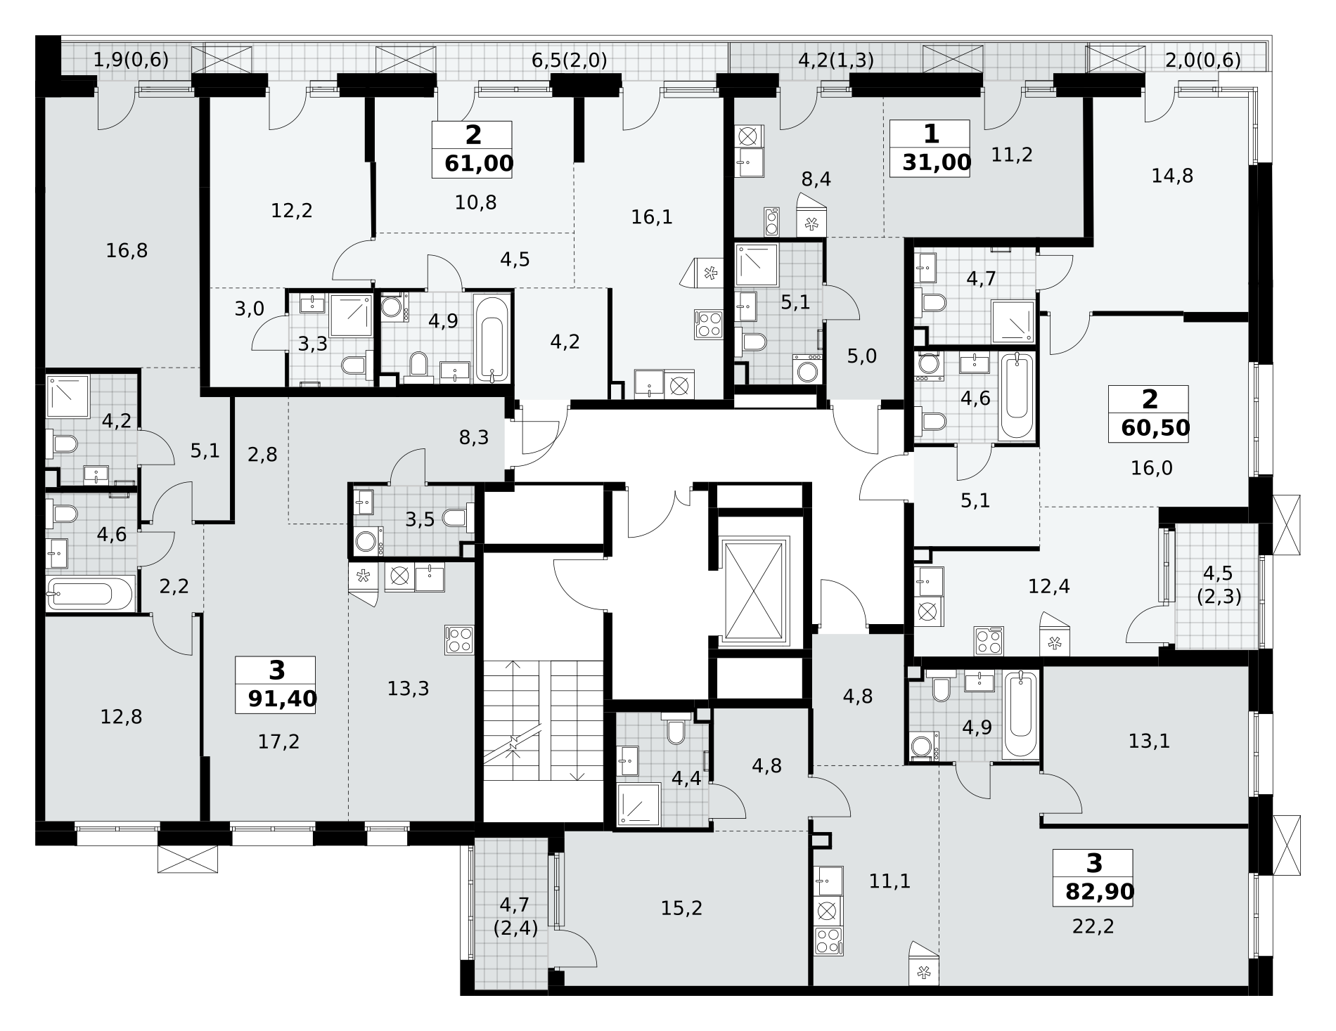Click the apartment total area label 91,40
click(x=282, y=699)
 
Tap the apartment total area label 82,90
click(x=1100, y=892)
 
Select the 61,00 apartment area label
click(x=479, y=164)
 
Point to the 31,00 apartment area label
click(x=937, y=162)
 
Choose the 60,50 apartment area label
click(x=1155, y=428)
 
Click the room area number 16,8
click(x=127, y=250)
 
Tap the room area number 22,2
click(x=1093, y=926)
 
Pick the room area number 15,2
click(x=681, y=908)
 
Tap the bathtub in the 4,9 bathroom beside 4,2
click(x=491, y=338)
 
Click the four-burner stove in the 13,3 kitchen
click(x=459, y=640)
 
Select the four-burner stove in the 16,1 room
click(x=709, y=324)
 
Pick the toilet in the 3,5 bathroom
click(x=458, y=519)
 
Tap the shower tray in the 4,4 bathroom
click(x=638, y=804)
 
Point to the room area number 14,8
click(x=1172, y=175)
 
